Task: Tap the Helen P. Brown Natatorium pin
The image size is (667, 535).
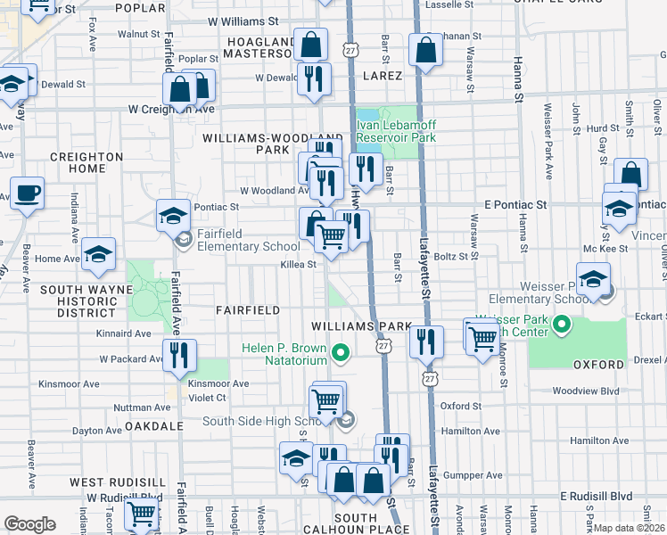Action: (340, 355)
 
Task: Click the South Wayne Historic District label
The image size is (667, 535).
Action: (78, 301)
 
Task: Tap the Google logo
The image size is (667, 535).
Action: (29, 524)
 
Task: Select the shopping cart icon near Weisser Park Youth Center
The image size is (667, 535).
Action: (482, 337)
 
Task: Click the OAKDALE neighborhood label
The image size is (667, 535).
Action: (154, 426)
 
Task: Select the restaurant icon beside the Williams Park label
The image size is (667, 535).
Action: (427, 341)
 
